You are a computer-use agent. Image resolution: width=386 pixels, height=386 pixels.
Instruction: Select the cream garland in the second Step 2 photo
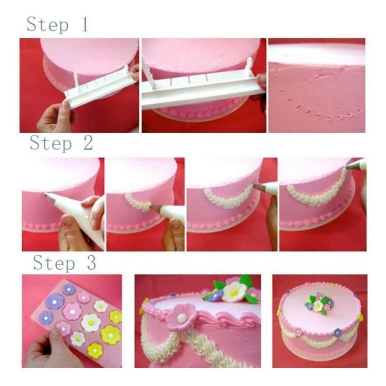pyautogui.click(x=137, y=202)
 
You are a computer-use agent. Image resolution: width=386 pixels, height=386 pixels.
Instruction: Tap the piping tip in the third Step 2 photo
pyautogui.click(x=258, y=187)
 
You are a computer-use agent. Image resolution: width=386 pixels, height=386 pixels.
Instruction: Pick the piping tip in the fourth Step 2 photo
pyautogui.click(x=350, y=167)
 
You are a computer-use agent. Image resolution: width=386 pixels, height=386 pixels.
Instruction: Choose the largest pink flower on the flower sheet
pyautogui.click(x=72, y=311)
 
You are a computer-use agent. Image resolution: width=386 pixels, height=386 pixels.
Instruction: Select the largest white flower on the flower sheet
pyautogui.click(x=90, y=322)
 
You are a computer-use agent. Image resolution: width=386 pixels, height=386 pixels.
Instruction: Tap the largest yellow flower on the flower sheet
pyautogui.click(x=110, y=335)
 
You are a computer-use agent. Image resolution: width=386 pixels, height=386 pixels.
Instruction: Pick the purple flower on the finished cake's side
pyautogui.click(x=338, y=332)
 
